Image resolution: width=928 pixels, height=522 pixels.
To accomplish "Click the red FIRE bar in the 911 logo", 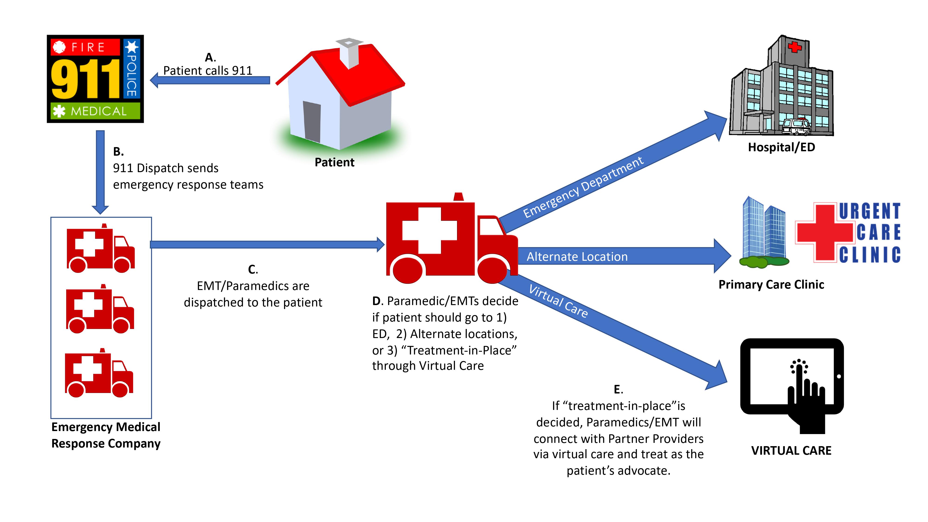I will coord(85,47).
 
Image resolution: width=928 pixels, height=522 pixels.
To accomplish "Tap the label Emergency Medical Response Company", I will coord(106,435).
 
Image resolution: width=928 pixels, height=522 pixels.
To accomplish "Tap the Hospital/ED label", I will coord(781,147).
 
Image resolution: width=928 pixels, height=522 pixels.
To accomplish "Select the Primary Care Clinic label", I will coord(771,285).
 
